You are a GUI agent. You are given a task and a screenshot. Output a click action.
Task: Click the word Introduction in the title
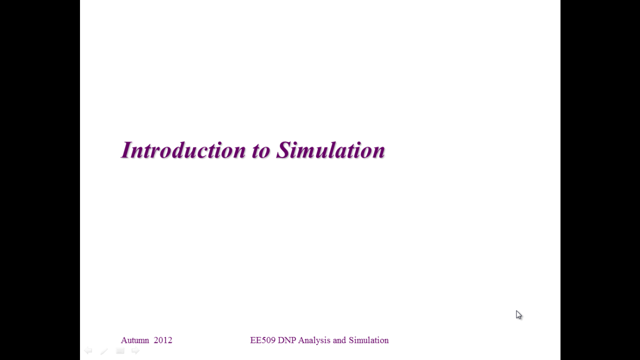click(183, 149)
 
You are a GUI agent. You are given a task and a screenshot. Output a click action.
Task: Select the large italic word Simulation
click(330, 149)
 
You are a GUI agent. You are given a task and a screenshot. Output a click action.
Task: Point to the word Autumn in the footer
click(135, 340)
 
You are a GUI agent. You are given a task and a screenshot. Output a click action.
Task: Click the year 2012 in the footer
click(163, 340)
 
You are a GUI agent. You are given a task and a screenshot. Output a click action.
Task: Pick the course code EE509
click(262, 340)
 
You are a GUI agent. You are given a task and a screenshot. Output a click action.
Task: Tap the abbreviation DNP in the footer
click(287, 340)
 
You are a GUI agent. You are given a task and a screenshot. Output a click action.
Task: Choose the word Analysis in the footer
click(314, 340)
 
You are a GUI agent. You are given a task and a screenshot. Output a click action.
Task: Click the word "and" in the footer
click(339, 340)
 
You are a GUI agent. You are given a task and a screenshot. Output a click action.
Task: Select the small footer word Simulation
click(368, 340)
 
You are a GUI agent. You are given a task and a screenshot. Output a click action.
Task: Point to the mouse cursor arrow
click(519, 315)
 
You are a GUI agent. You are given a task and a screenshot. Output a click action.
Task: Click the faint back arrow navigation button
click(88, 350)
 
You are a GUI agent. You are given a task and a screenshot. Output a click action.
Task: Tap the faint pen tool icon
click(104, 351)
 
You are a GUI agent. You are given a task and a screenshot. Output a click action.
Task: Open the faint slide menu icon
click(120, 351)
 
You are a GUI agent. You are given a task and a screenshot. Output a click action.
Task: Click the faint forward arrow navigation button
click(135, 350)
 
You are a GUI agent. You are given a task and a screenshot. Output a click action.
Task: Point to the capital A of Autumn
click(123, 340)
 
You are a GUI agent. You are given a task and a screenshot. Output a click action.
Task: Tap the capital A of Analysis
click(301, 340)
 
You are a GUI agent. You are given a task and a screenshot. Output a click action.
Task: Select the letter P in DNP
click(293, 340)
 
